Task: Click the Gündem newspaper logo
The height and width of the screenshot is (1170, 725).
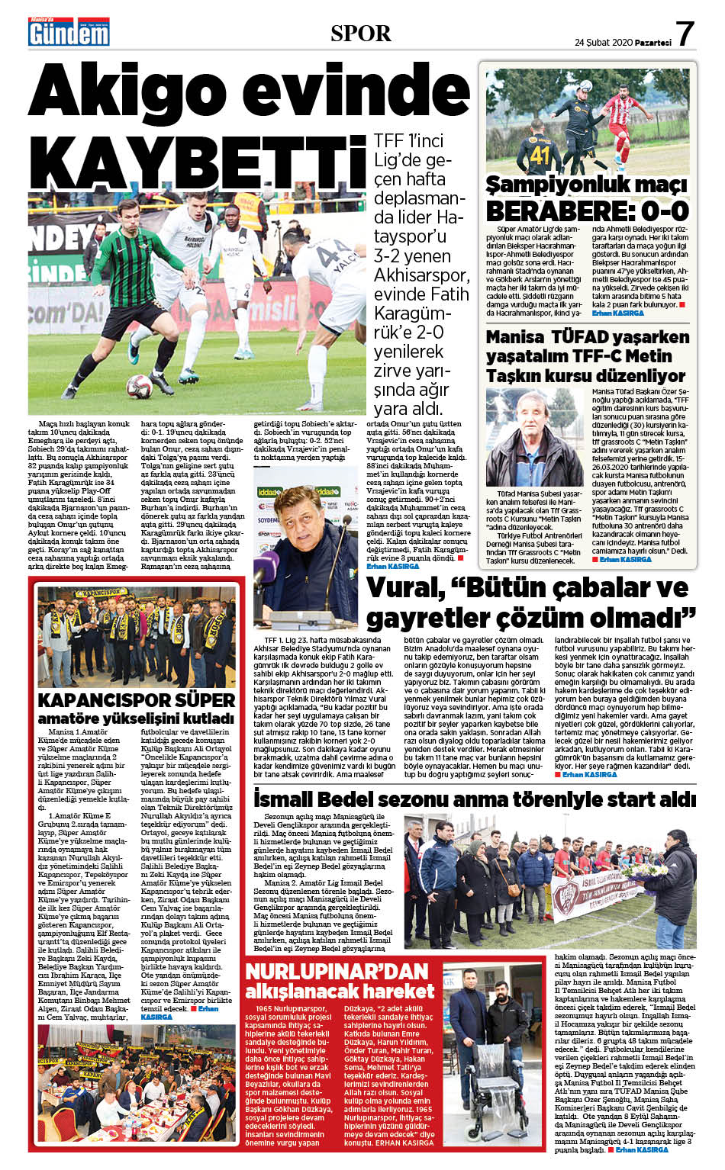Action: pyautogui.click(x=69, y=33)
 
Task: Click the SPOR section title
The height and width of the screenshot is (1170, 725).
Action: pyautogui.click(x=361, y=34)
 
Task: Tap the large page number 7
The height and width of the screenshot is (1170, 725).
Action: pyautogui.click(x=685, y=34)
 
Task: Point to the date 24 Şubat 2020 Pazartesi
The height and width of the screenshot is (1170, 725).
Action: pyautogui.click(x=623, y=43)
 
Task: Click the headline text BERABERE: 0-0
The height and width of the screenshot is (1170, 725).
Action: pyautogui.click(x=587, y=211)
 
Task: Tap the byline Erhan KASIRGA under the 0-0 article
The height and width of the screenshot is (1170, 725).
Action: pyautogui.click(x=618, y=313)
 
